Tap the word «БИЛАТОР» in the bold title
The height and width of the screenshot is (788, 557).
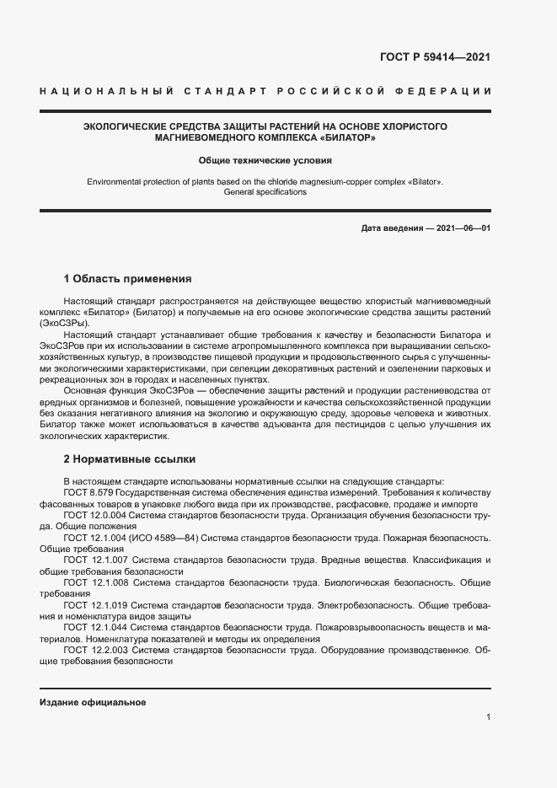tap(346, 137)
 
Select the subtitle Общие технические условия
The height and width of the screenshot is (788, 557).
tap(265, 159)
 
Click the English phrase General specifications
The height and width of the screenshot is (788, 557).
tap(265, 192)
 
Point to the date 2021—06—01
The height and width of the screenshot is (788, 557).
tap(461, 229)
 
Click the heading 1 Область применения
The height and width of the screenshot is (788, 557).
tap(128, 278)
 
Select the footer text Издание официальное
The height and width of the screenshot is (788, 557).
tap(93, 702)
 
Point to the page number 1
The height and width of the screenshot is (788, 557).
tap(488, 717)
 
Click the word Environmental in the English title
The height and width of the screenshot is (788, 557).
tap(115, 182)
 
